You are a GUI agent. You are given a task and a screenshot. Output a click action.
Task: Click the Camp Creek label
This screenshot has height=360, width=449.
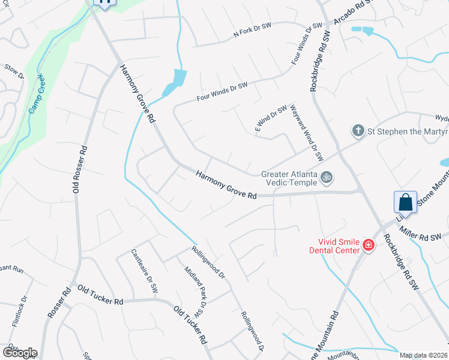pos(37,94)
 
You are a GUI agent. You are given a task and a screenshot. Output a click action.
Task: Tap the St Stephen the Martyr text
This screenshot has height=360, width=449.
pos(408,131)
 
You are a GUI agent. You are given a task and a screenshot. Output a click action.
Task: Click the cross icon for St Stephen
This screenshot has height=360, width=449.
pos(358,130)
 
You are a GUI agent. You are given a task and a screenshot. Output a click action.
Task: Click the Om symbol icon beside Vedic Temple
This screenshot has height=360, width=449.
pos(327,178)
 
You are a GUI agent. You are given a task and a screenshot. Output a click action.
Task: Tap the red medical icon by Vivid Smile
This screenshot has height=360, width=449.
pos(368,245)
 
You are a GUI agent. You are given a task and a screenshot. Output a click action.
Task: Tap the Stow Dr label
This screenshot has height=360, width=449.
pos(13,72)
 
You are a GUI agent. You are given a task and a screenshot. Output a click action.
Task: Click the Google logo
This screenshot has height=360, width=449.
pos(20,352)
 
